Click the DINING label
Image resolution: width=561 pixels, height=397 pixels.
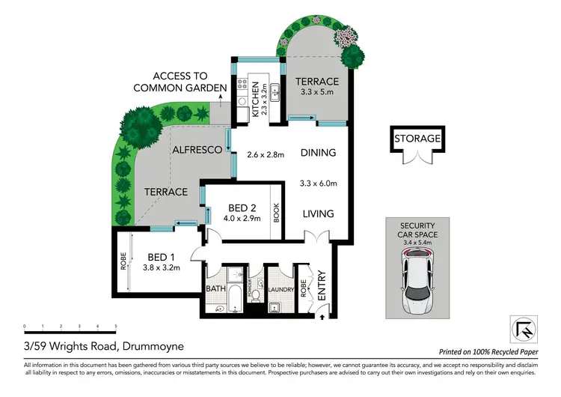[x=318, y=153]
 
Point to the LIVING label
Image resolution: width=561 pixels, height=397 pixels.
[x=317, y=214]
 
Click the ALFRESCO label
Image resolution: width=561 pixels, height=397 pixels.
[x=197, y=150]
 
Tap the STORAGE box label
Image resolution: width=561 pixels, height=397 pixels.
[x=418, y=138]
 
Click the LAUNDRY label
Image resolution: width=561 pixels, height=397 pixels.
[x=282, y=288]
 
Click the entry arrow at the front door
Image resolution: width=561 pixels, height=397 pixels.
[x=322, y=317]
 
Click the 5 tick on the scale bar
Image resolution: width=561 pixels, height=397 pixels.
[x=116, y=327]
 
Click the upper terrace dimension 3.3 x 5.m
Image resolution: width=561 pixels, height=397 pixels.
[x=317, y=95]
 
